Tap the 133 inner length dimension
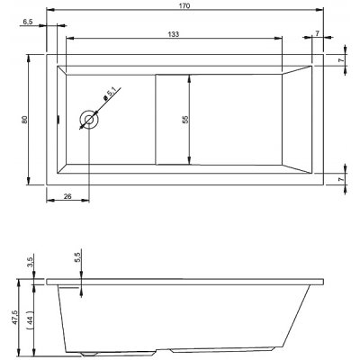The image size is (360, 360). coord(170,33)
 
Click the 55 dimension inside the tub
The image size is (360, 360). coord(184,118)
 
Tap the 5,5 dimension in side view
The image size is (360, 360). coord(77,257)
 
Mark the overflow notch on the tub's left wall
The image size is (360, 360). coord(58,118)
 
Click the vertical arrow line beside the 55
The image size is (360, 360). coord(191,118)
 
